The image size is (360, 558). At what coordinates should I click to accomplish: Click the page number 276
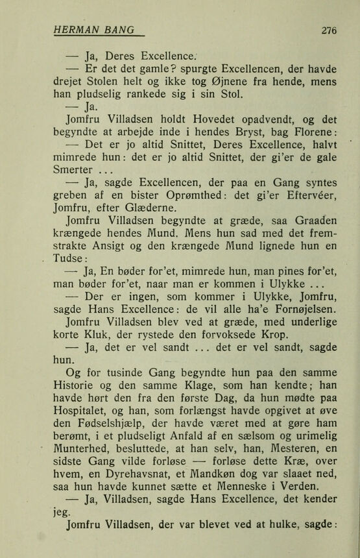(329, 30)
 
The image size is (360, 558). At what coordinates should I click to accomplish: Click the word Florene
(311, 133)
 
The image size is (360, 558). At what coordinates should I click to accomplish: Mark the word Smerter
(76, 170)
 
